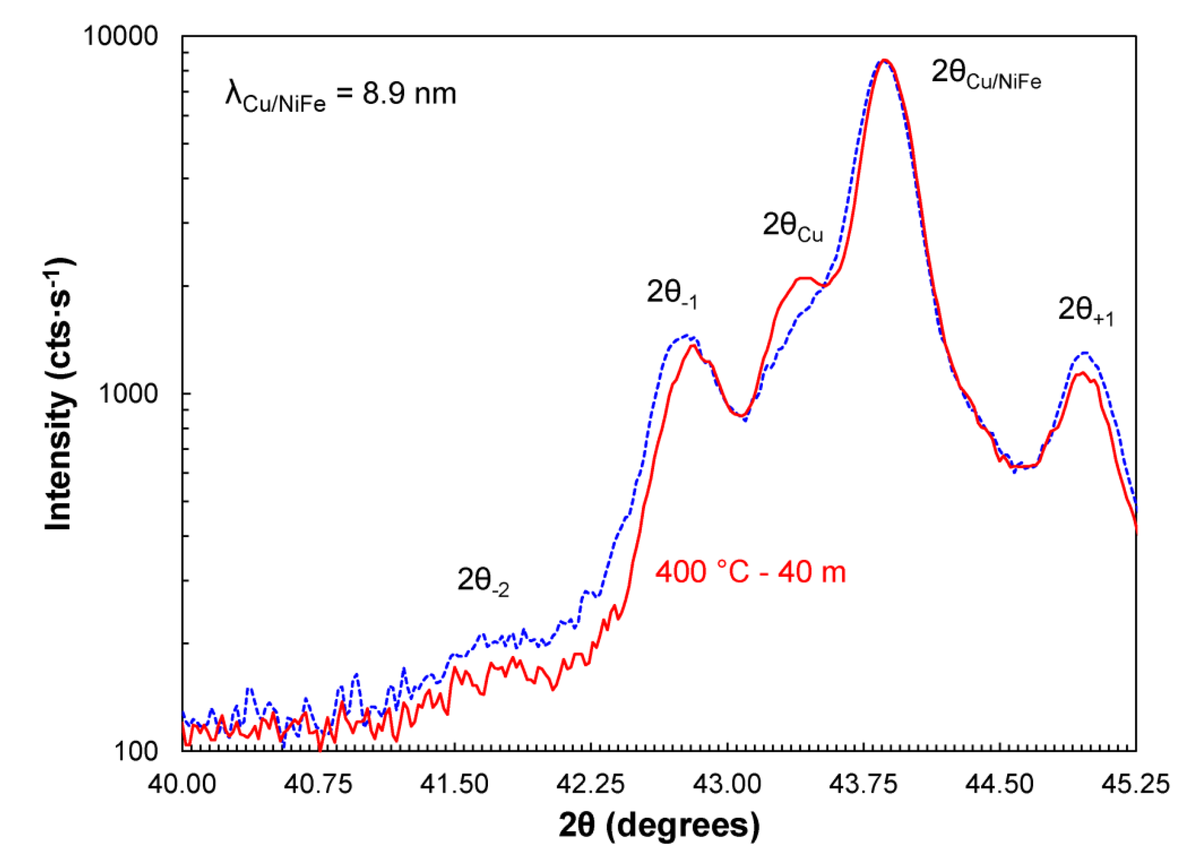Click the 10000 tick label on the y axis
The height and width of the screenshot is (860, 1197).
coord(120,37)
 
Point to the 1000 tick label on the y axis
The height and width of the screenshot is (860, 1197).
coord(128,393)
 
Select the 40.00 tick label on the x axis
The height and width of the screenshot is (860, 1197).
coord(182,784)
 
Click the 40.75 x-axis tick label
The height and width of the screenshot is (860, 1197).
coord(318,784)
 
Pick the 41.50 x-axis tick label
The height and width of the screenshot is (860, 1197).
coord(454,784)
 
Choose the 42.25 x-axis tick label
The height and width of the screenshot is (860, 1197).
coord(591,784)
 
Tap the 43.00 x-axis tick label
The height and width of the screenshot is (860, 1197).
coord(727,784)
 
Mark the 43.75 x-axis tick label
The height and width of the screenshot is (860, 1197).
coord(863,784)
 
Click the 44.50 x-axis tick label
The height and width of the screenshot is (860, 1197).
coord(999,784)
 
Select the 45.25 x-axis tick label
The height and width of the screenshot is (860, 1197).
coord(1135,784)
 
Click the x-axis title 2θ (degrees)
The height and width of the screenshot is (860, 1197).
coord(659,826)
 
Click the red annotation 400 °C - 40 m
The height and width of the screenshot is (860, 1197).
coord(750,573)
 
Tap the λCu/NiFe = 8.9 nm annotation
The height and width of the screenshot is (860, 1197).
coord(340,96)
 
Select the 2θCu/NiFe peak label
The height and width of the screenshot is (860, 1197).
coord(986,74)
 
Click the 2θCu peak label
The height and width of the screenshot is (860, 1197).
coord(792,227)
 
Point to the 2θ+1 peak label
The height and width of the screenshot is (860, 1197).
coord(1085,312)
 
